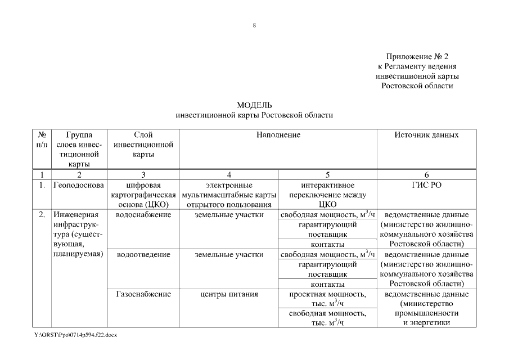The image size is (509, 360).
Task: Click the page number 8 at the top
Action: [254, 25]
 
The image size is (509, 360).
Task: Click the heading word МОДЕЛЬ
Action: [254, 105]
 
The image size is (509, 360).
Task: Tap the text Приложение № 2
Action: [417, 57]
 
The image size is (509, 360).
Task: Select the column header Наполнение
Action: [278, 135]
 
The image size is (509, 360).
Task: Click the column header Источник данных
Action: [426, 135]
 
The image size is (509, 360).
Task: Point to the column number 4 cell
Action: [229, 175]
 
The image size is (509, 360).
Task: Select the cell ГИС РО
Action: [426, 185]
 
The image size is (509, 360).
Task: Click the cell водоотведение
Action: [143, 255]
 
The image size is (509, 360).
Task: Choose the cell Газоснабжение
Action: [143, 294]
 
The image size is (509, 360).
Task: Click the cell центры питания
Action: [229, 294]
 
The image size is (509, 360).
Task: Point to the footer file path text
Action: [75, 335]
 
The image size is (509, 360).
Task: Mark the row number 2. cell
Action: [42, 215]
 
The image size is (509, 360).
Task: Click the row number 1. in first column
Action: [42, 185]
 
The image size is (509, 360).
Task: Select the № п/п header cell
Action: [42, 140]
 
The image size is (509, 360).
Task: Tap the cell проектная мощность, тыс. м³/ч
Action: [327, 299]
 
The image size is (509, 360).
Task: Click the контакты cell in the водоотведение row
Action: [327, 284]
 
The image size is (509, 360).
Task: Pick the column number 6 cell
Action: [426, 175]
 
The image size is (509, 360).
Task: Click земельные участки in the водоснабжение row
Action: [229, 215]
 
